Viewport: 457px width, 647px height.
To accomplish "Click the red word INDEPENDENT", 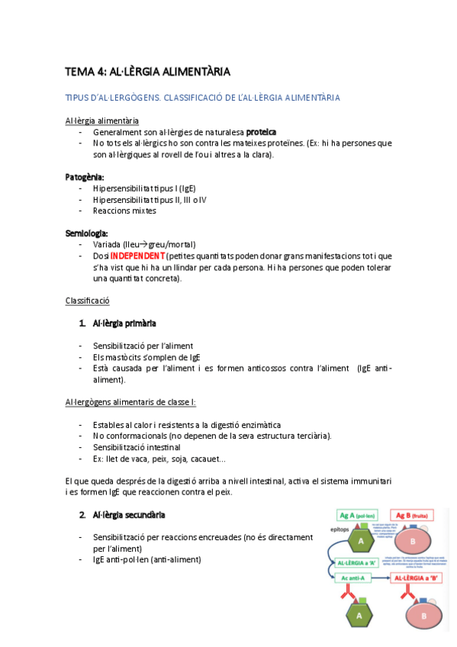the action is click(x=137, y=256).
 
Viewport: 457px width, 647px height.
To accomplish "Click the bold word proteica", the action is click(x=261, y=132).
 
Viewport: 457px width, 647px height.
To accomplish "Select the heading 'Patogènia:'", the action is click(x=84, y=177).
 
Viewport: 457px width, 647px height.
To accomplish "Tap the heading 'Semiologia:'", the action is click(x=86, y=233).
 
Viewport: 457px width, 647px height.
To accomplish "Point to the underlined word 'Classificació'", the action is click(x=88, y=301).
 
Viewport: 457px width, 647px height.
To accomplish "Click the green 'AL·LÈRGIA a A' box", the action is click(x=358, y=562).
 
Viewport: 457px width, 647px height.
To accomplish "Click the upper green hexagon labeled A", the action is click(x=358, y=541).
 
